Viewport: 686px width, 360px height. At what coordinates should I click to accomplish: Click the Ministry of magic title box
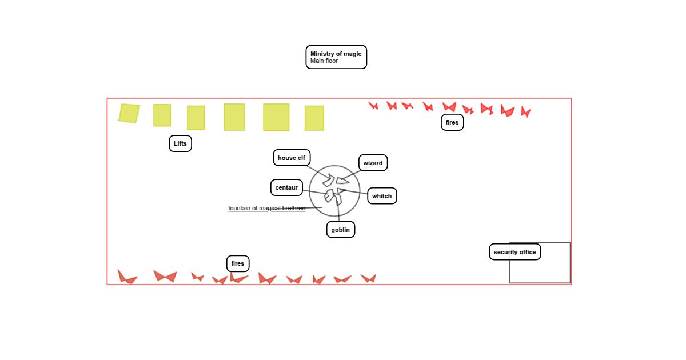click(x=336, y=57)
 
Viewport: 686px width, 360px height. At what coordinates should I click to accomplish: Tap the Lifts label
click(x=180, y=143)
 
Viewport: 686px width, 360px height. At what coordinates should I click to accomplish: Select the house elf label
click(x=292, y=158)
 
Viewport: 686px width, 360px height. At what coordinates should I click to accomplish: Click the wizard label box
click(x=373, y=163)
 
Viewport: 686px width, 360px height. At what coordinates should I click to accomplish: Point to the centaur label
click(x=286, y=187)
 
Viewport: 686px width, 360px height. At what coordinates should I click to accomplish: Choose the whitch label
click(x=382, y=196)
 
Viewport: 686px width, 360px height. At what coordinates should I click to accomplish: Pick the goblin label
click(x=341, y=230)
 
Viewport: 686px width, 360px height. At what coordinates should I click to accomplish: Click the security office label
click(x=515, y=252)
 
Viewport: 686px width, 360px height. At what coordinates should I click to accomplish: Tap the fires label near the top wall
click(x=452, y=122)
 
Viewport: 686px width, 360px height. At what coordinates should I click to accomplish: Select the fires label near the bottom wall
click(x=238, y=263)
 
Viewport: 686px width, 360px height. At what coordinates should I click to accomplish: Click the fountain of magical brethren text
click(x=267, y=208)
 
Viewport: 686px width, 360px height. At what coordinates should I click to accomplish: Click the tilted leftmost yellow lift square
click(x=129, y=113)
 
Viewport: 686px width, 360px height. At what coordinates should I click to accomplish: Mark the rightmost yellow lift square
click(x=314, y=118)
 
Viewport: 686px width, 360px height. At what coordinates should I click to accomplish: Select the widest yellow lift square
click(x=276, y=117)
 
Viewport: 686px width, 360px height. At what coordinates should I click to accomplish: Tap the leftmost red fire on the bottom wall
click(x=126, y=277)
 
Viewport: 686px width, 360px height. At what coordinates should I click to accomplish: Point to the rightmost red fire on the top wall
click(x=525, y=112)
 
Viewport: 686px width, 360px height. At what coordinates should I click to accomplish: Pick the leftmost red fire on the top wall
click(x=373, y=106)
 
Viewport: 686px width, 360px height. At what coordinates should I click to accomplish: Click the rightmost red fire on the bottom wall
click(x=368, y=278)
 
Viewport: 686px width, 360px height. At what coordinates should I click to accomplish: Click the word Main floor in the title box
click(x=324, y=61)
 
